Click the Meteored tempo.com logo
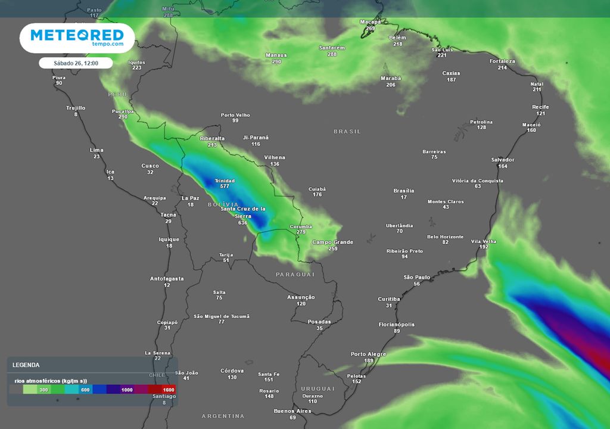[x=76, y=38]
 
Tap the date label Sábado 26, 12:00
[x=76, y=63]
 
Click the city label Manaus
[x=276, y=55]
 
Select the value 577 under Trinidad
[x=225, y=186]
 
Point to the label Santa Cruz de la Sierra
[x=242, y=212]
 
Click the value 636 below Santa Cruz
[x=242, y=223]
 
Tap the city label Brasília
[x=404, y=191]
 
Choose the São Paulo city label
[x=417, y=277]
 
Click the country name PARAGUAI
[x=295, y=274]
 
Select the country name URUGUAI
[x=318, y=388]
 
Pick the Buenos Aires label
[x=292, y=411]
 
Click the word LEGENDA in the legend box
[x=26, y=365]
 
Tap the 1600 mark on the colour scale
[x=168, y=390]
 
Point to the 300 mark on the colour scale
[x=43, y=390]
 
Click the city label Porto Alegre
[x=368, y=354]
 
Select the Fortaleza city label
[x=502, y=61]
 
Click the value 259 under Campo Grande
[x=333, y=248]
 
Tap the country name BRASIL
[x=347, y=131]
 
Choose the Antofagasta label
[x=167, y=278]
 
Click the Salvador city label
[x=503, y=160]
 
